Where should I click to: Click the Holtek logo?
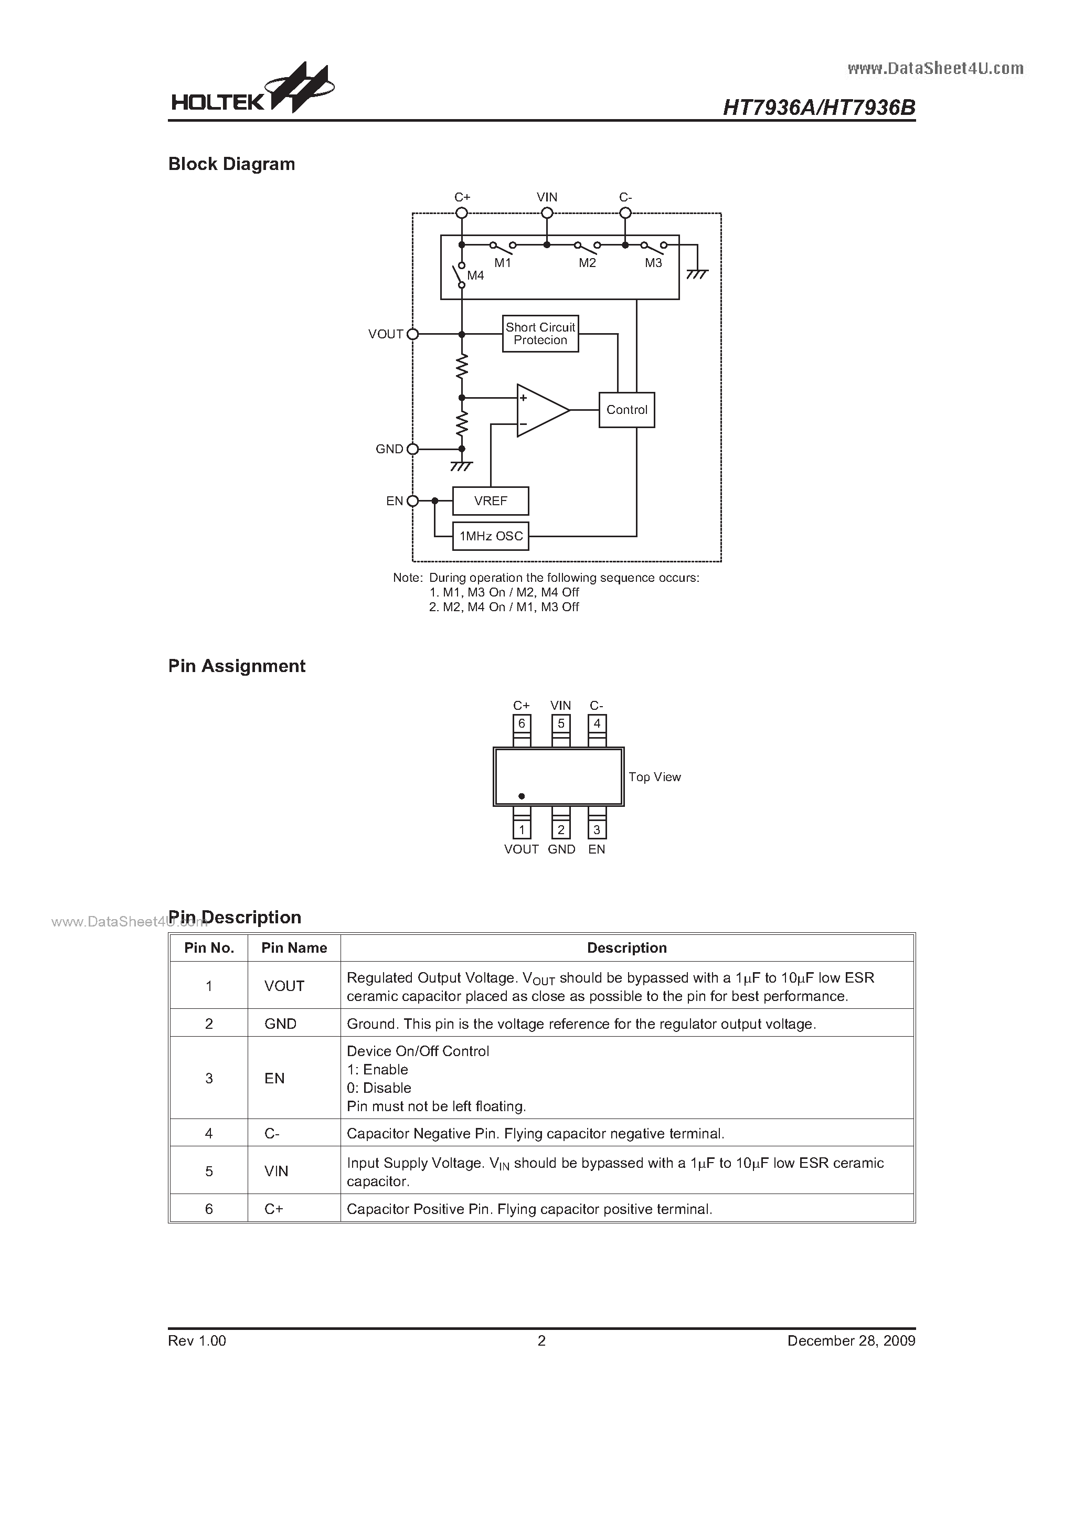point(252,88)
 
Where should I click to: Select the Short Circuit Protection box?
point(540,333)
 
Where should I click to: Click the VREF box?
point(491,500)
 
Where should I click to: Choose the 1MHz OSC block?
point(491,536)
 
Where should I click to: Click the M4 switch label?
point(475,275)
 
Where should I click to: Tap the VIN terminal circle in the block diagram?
point(547,213)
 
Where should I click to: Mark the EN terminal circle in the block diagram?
point(413,500)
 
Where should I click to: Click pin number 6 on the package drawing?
point(522,723)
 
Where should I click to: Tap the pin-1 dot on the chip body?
point(522,796)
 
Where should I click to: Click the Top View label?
point(654,777)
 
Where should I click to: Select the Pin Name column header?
point(294,947)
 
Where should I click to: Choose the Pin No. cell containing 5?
point(209,1170)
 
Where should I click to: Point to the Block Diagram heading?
point(231,164)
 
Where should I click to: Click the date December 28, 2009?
point(852,1340)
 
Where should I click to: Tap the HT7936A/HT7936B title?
point(820,108)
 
